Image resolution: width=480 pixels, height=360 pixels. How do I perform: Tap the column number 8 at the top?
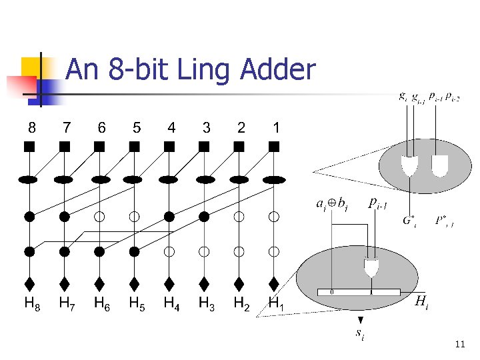(31, 127)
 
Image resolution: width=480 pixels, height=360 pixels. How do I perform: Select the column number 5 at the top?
(136, 127)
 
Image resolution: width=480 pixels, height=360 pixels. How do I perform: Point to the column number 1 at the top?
(275, 127)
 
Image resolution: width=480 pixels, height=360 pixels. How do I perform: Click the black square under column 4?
(170, 146)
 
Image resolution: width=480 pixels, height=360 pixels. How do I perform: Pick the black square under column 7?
(65, 146)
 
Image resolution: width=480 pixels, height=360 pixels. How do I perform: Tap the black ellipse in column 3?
(205, 179)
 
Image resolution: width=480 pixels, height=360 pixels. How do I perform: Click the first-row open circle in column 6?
(99, 217)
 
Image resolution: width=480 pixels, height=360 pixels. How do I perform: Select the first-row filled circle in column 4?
(170, 217)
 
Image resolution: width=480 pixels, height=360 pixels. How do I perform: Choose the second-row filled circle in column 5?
(135, 251)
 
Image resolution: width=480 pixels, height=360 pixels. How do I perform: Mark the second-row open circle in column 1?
(274, 251)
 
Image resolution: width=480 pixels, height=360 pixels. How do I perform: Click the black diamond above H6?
(99, 284)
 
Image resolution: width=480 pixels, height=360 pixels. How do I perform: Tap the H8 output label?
(31, 305)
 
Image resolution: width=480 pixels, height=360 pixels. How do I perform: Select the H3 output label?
(206, 305)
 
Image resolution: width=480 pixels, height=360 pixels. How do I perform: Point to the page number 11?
(459, 344)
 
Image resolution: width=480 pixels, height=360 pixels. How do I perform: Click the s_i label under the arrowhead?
(360, 333)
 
